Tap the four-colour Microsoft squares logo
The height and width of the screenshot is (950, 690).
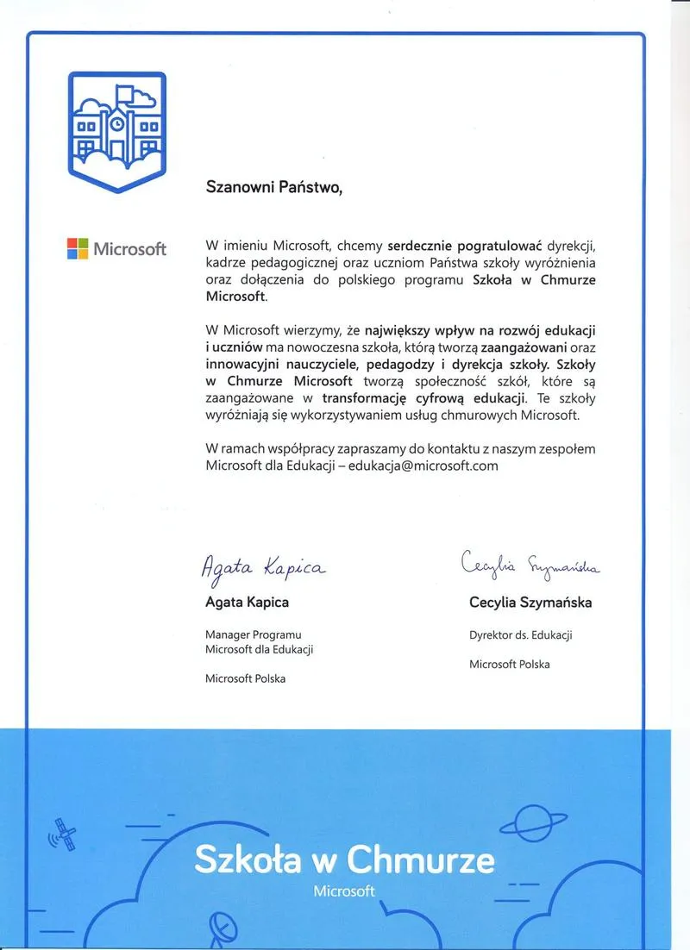(78, 248)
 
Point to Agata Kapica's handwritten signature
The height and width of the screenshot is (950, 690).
(264, 566)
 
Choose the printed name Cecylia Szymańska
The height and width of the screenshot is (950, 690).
(530, 603)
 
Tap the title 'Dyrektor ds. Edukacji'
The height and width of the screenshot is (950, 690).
(521, 635)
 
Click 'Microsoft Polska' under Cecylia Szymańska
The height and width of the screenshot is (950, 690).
(509, 664)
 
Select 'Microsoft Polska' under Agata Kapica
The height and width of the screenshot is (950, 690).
(245, 678)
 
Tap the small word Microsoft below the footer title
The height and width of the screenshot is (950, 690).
(344, 891)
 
